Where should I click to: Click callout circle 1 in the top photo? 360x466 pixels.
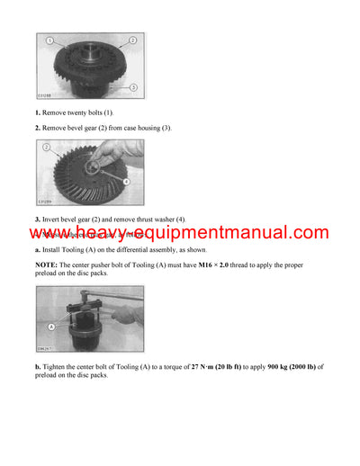(x=51, y=41)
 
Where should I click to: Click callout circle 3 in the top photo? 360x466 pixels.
(x=131, y=86)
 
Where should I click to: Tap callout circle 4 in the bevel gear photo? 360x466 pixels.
(x=125, y=183)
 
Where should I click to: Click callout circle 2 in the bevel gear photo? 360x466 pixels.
(x=47, y=147)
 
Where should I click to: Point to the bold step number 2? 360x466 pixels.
(x=39, y=128)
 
